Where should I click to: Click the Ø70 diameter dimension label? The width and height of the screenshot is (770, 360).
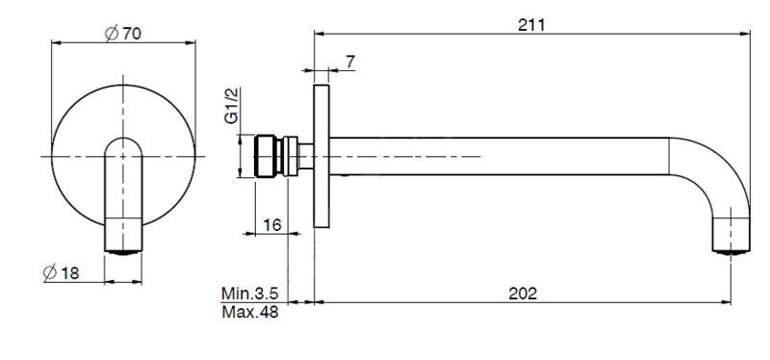[123, 34]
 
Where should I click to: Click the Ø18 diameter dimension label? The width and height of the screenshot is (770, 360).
[61, 272]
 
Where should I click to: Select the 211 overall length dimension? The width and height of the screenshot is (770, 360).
[531, 25]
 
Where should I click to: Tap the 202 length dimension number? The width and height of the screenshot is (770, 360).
[523, 294]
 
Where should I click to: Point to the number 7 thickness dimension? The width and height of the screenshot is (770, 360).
[350, 62]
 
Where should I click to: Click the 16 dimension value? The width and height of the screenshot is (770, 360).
[272, 225]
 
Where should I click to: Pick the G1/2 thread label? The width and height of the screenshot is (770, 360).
[232, 105]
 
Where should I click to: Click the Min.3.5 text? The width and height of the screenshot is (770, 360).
[250, 294]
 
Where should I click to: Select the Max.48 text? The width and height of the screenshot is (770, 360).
[250, 312]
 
